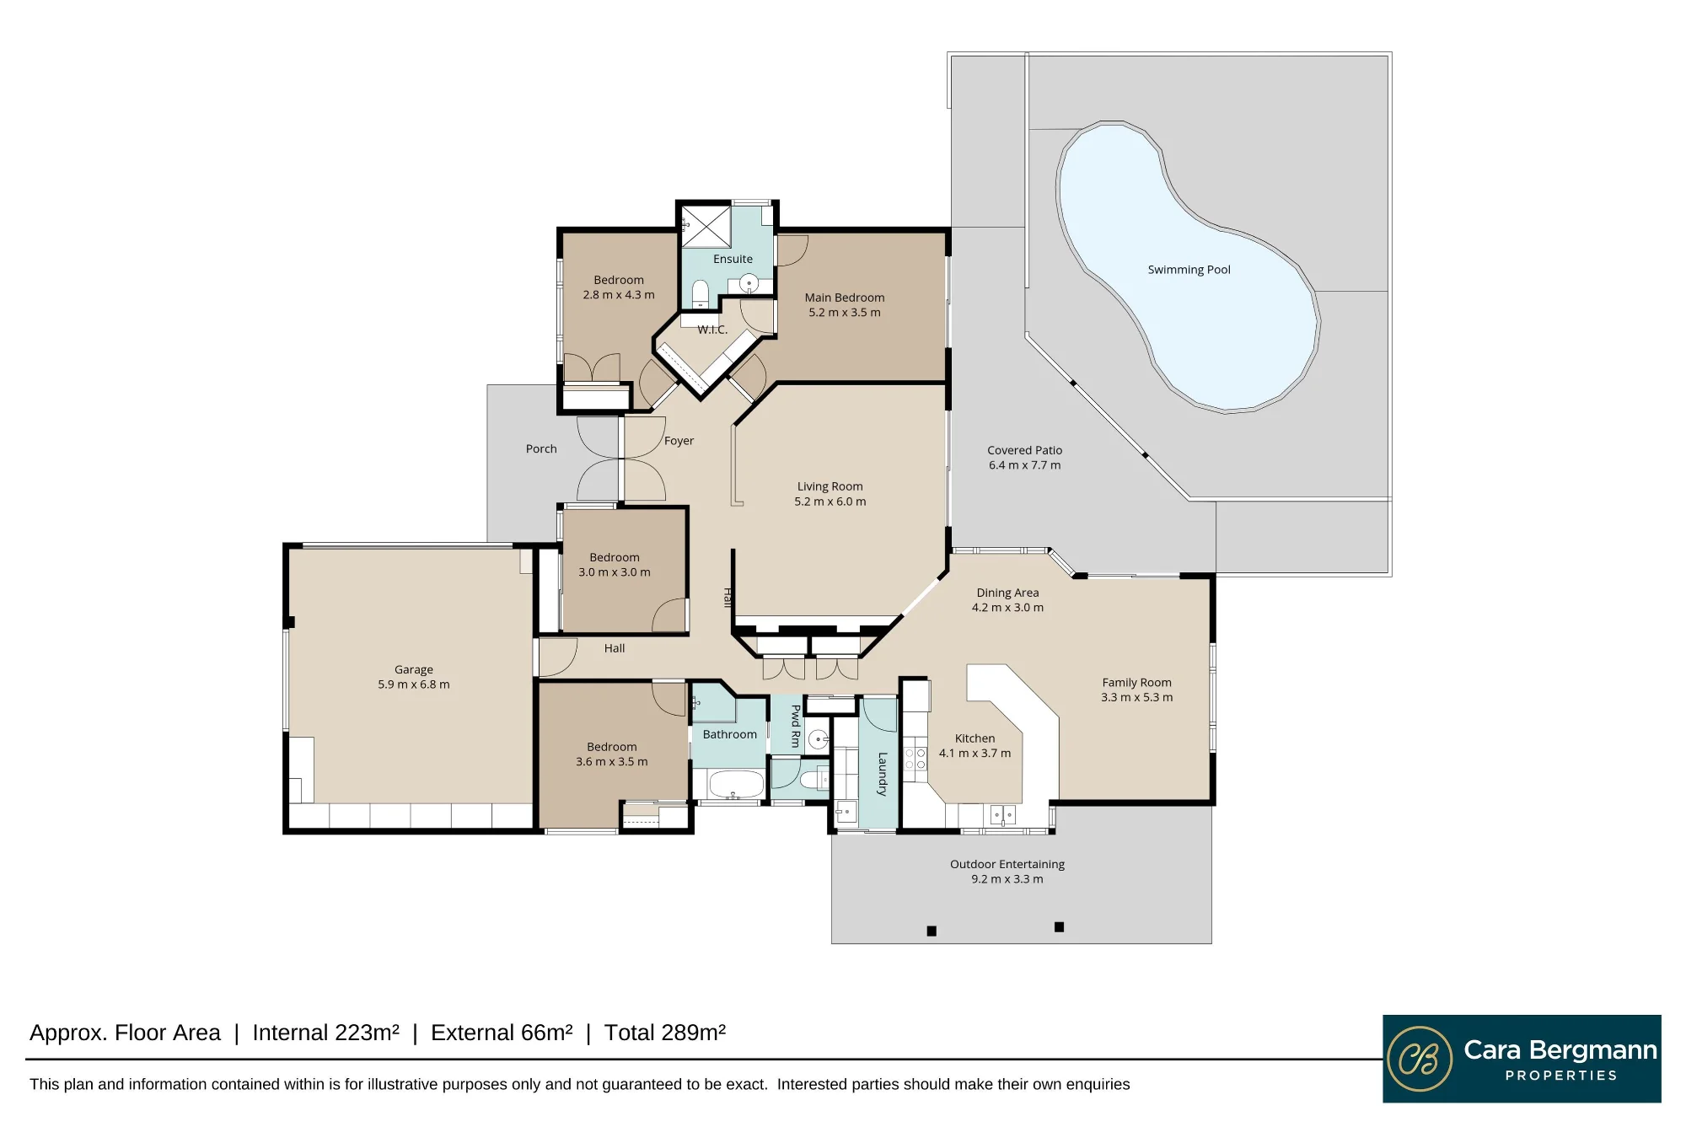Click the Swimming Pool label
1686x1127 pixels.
pyautogui.click(x=1189, y=270)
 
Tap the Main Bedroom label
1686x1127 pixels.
pyautogui.click(x=845, y=298)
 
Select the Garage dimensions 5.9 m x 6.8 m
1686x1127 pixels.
pyautogui.click(x=414, y=684)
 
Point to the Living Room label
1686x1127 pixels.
pyautogui.click(x=830, y=486)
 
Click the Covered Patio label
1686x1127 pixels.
pyautogui.click(x=1025, y=450)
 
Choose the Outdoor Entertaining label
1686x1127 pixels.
pyautogui.click(x=1007, y=864)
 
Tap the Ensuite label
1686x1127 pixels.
pyautogui.click(x=733, y=259)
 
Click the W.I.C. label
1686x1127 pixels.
pyautogui.click(x=712, y=330)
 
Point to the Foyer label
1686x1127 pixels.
pyautogui.click(x=679, y=441)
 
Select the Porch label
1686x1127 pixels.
pyautogui.click(x=541, y=448)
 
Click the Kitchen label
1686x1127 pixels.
pyautogui.click(x=975, y=738)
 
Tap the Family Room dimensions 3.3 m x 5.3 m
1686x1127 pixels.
pyautogui.click(x=1137, y=697)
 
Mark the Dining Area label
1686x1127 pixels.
pyautogui.click(x=1008, y=593)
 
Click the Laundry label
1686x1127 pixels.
pyautogui.click(x=883, y=775)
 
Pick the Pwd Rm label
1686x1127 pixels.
pyautogui.click(x=796, y=727)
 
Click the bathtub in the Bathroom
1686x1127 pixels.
pyautogui.click(x=737, y=785)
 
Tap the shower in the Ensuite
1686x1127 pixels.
pyautogui.click(x=706, y=226)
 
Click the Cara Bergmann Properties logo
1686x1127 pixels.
pyautogui.click(x=1522, y=1059)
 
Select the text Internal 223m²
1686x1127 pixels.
pyautogui.click(x=326, y=1033)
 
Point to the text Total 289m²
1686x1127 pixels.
pyautogui.click(x=665, y=1033)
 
